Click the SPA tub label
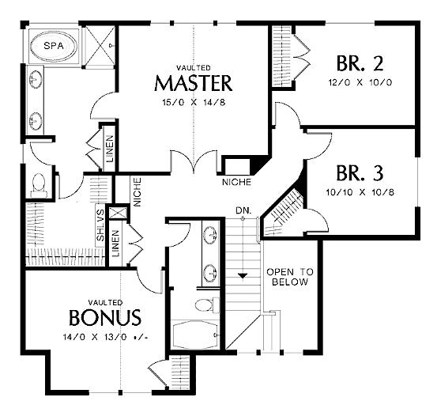[54, 46]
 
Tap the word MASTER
[194, 83]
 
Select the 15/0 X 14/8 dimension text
[194, 103]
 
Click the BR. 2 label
[360, 63]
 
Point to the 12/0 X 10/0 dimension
[360, 82]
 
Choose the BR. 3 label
[360, 173]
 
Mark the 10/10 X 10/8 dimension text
[360, 192]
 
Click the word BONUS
[105, 318]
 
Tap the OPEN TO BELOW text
[290, 277]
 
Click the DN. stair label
[243, 210]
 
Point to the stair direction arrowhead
[243, 276]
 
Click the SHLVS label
[100, 225]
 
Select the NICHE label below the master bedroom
[236, 182]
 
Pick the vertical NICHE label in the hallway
[138, 192]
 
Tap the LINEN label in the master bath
[110, 149]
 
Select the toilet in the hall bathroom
[207, 304]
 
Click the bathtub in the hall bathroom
[196, 334]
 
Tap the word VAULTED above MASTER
[194, 68]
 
